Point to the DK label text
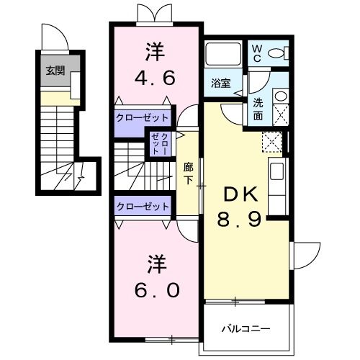tap(239, 194)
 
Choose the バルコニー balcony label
tap(246, 329)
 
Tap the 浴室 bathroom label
tap(220, 82)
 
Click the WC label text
tap(258, 54)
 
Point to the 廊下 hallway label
tap(188, 173)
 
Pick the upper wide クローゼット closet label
tap(143, 117)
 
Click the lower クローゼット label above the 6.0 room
tap(143, 206)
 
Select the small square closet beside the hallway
tap(161, 144)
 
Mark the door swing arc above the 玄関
tap(55, 36)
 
